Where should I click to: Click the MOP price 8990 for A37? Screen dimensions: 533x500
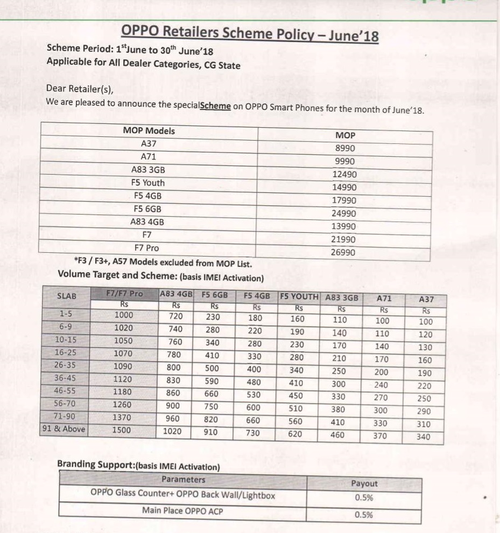click(344, 148)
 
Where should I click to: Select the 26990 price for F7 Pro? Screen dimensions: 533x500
click(343, 252)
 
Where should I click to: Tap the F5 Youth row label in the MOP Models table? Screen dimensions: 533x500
click(148, 183)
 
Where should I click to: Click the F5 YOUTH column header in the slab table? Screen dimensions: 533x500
click(299, 296)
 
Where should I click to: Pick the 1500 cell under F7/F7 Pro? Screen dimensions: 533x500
click(124, 430)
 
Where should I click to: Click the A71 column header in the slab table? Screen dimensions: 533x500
click(383, 297)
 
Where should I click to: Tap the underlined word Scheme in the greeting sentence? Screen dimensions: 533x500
click(215, 106)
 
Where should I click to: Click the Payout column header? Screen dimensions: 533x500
click(364, 483)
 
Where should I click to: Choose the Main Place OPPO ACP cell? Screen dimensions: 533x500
click(182, 510)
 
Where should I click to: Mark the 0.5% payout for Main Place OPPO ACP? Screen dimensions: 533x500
click(364, 514)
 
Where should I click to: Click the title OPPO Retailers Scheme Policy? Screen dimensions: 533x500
click(250, 33)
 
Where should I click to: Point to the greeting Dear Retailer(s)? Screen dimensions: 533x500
click(80, 88)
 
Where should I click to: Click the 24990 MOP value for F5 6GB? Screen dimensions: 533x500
click(343, 213)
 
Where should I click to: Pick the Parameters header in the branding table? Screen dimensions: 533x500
click(183, 479)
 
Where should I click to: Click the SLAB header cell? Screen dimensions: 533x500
click(66, 296)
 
